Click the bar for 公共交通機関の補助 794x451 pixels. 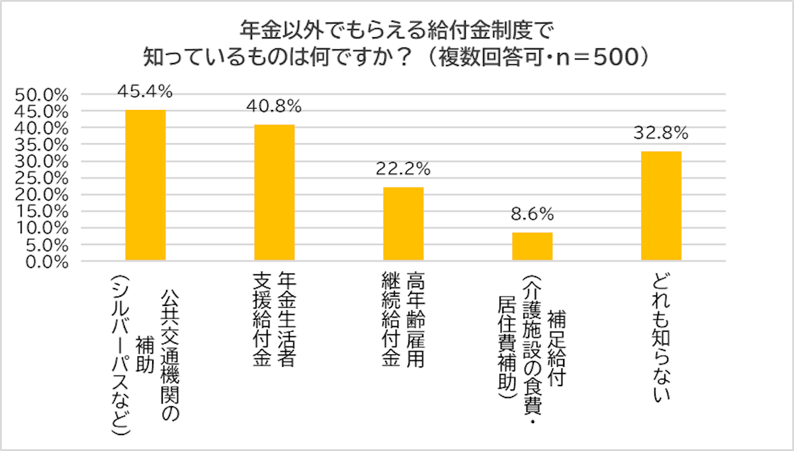pyautogui.click(x=146, y=185)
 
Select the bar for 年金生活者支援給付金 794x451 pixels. pyautogui.click(x=275, y=193)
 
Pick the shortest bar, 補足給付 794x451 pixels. pyautogui.click(x=533, y=246)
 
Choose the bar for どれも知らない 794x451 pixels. pyautogui.click(x=662, y=206)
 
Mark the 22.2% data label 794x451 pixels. pyautogui.click(x=403, y=168)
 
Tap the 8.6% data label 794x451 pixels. pyautogui.click(x=532, y=214)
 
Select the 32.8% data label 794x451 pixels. pyautogui.click(x=661, y=132)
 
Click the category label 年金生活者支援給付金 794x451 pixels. pyautogui.click(x=275, y=321)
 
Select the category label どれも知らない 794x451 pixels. pyautogui.click(x=662, y=338)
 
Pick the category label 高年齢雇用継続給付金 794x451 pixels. pyautogui.click(x=404, y=321)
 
